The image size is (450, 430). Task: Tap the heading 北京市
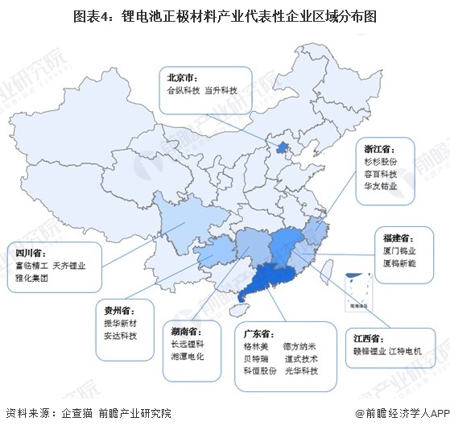tap(183, 78)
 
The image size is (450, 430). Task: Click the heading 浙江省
tap(378, 147)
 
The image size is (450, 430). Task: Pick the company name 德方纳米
tap(300, 346)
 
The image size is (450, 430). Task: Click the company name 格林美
tap(254, 346)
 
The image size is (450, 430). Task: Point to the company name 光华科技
tap(300, 371)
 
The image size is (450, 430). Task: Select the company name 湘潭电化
tap(188, 355)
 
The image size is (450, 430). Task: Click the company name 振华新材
tap(121, 322)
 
